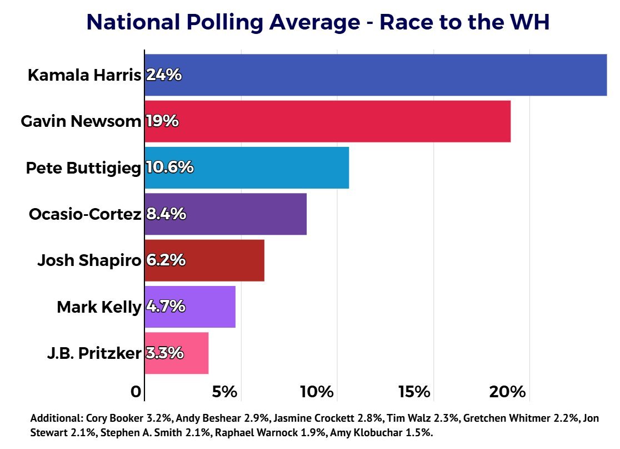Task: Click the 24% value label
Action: click(164, 75)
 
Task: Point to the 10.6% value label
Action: click(169, 167)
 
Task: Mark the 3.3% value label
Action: click(165, 353)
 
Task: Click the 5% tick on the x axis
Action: click(225, 392)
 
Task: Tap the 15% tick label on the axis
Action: click(414, 392)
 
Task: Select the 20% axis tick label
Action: click(507, 392)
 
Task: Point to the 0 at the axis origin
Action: click(136, 392)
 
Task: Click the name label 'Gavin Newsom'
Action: click(81, 121)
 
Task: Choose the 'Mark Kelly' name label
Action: click(98, 307)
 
